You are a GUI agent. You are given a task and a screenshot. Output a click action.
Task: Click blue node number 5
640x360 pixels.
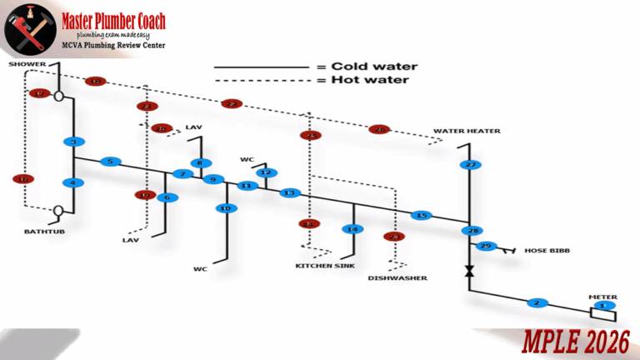point(111,162)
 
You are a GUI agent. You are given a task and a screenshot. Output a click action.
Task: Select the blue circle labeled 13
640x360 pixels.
point(289,193)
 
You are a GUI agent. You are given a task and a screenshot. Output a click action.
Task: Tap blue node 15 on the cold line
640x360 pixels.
point(422,216)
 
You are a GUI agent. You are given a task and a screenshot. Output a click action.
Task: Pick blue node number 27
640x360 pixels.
point(470,165)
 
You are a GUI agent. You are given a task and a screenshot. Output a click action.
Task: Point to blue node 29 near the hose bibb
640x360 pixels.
point(486,246)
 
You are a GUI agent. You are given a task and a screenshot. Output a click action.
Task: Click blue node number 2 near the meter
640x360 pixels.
point(537,302)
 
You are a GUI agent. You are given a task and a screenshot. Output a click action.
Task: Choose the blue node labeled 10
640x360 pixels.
point(225,208)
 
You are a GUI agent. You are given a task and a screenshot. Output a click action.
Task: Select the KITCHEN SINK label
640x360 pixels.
point(325,266)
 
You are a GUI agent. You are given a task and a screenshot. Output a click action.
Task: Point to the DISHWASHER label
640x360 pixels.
point(397,277)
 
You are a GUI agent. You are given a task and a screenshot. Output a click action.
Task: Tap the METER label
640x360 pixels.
point(602,296)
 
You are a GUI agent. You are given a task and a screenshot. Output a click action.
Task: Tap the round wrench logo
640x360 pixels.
point(31,31)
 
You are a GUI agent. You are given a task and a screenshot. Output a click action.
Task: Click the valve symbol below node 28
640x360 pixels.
point(470,272)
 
